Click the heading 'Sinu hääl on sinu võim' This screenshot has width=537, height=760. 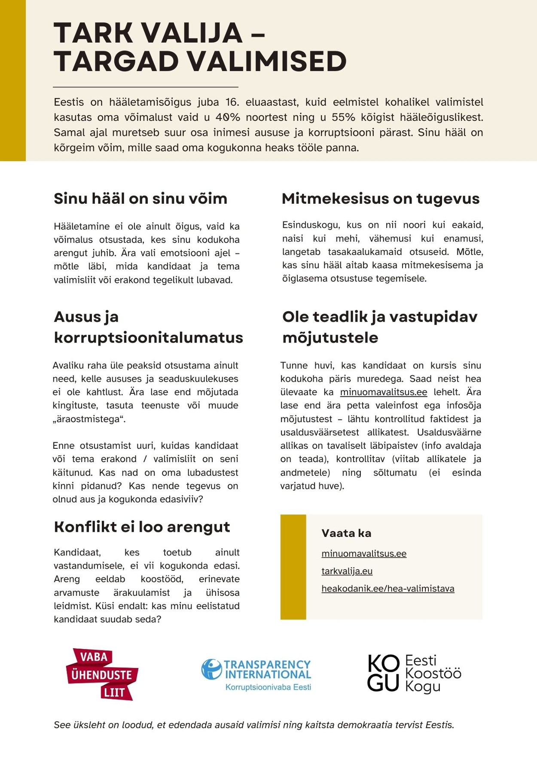140,199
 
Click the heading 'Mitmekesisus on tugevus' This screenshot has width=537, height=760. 380,199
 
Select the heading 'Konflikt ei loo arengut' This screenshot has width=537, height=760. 142,527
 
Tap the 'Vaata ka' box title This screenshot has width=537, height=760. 346,533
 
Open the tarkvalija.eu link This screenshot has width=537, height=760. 347,571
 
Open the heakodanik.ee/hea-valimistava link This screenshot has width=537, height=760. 387,588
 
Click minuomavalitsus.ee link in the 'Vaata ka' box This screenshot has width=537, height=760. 364,553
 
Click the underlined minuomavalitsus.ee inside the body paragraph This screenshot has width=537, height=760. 383,392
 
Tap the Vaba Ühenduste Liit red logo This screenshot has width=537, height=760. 102,674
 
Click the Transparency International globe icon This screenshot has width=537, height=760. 211,669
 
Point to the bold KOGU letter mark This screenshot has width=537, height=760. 383,674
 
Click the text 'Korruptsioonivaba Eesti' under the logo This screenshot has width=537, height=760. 268,687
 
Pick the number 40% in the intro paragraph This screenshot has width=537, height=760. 228,117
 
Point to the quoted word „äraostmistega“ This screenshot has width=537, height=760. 89,419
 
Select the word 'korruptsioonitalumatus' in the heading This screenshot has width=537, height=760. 148,337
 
